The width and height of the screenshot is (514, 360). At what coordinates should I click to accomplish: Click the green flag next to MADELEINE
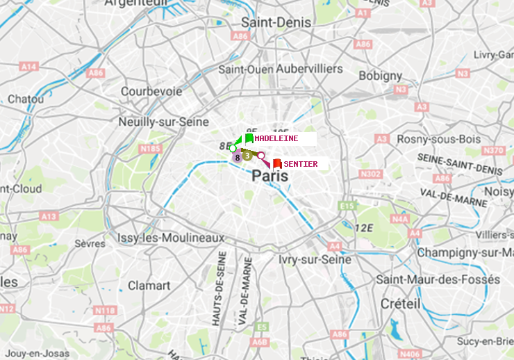pyautogui.click(x=249, y=138)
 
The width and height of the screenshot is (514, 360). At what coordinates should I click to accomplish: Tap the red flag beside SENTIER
pyautogui.click(x=277, y=164)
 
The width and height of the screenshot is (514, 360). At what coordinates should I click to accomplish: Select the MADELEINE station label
pyautogui.click(x=276, y=138)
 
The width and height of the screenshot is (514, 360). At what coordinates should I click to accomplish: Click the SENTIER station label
pyautogui.click(x=301, y=164)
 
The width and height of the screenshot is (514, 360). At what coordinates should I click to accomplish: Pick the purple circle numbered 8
pyautogui.click(x=238, y=157)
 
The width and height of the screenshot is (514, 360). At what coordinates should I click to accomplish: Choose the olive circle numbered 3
pyautogui.click(x=247, y=156)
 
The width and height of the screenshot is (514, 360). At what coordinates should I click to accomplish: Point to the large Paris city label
pyautogui.click(x=270, y=177)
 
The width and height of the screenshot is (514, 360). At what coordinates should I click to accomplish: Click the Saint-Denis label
pyautogui.click(x=276, y=22)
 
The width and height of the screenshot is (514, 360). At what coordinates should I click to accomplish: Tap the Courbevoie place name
pyautogui.click(x=151, y=91)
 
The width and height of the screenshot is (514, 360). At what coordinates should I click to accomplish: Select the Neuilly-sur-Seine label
pyautogui.click(x=164, y=122)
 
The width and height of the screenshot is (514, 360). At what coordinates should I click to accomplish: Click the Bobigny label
pyautogui.click(x=380, y=75)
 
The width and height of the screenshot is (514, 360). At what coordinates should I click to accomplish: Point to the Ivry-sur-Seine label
pyautogui.click(x=315, y=259)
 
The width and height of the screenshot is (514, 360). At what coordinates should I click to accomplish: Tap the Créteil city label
pyautogui.click(x=400, y=304)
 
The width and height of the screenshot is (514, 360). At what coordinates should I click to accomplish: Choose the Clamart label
pyautogui.click(x=149, y=285)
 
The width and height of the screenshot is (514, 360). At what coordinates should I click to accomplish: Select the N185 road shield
pyautogui.click(x=150, y=148)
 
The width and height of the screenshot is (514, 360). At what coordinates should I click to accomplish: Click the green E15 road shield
pyautogui.click(x=347, y=206)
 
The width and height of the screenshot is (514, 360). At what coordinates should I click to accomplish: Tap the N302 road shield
pyautogui.click(x=372, y=174)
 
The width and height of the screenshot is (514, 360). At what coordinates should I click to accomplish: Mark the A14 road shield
pyautogui.click(x=28, y=67)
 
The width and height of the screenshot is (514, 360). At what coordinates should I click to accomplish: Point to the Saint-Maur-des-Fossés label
pyautogui.click(x=438, y=279)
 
